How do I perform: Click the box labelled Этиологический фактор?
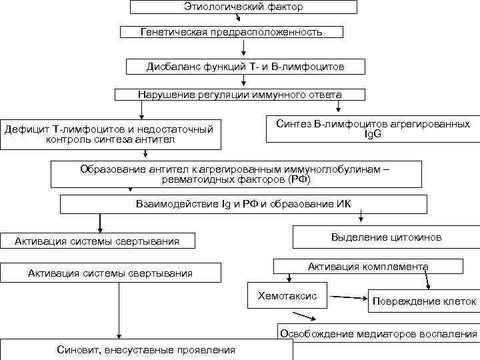pyautogui.click(x=243, y=7)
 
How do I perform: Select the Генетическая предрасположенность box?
pyautogui.click(x=231, y=31)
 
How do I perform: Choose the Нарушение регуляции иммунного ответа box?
pyautogui.click(x=239, y=94)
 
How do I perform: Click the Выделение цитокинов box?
pyautogui.click(x=386, y=237)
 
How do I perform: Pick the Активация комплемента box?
pyautogui.click(x=368, y=267)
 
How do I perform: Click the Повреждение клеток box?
pyautogui.click(x=424, y=301)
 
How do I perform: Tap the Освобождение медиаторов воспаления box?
pyautogui.click(x=378, y=333)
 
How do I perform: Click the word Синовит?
pyautogui.click(x=78, y=350)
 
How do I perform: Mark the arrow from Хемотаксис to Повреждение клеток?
pyautogui.click(x=347, y=297)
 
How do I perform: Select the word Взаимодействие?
pyautogui.click(x=167, y=204)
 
